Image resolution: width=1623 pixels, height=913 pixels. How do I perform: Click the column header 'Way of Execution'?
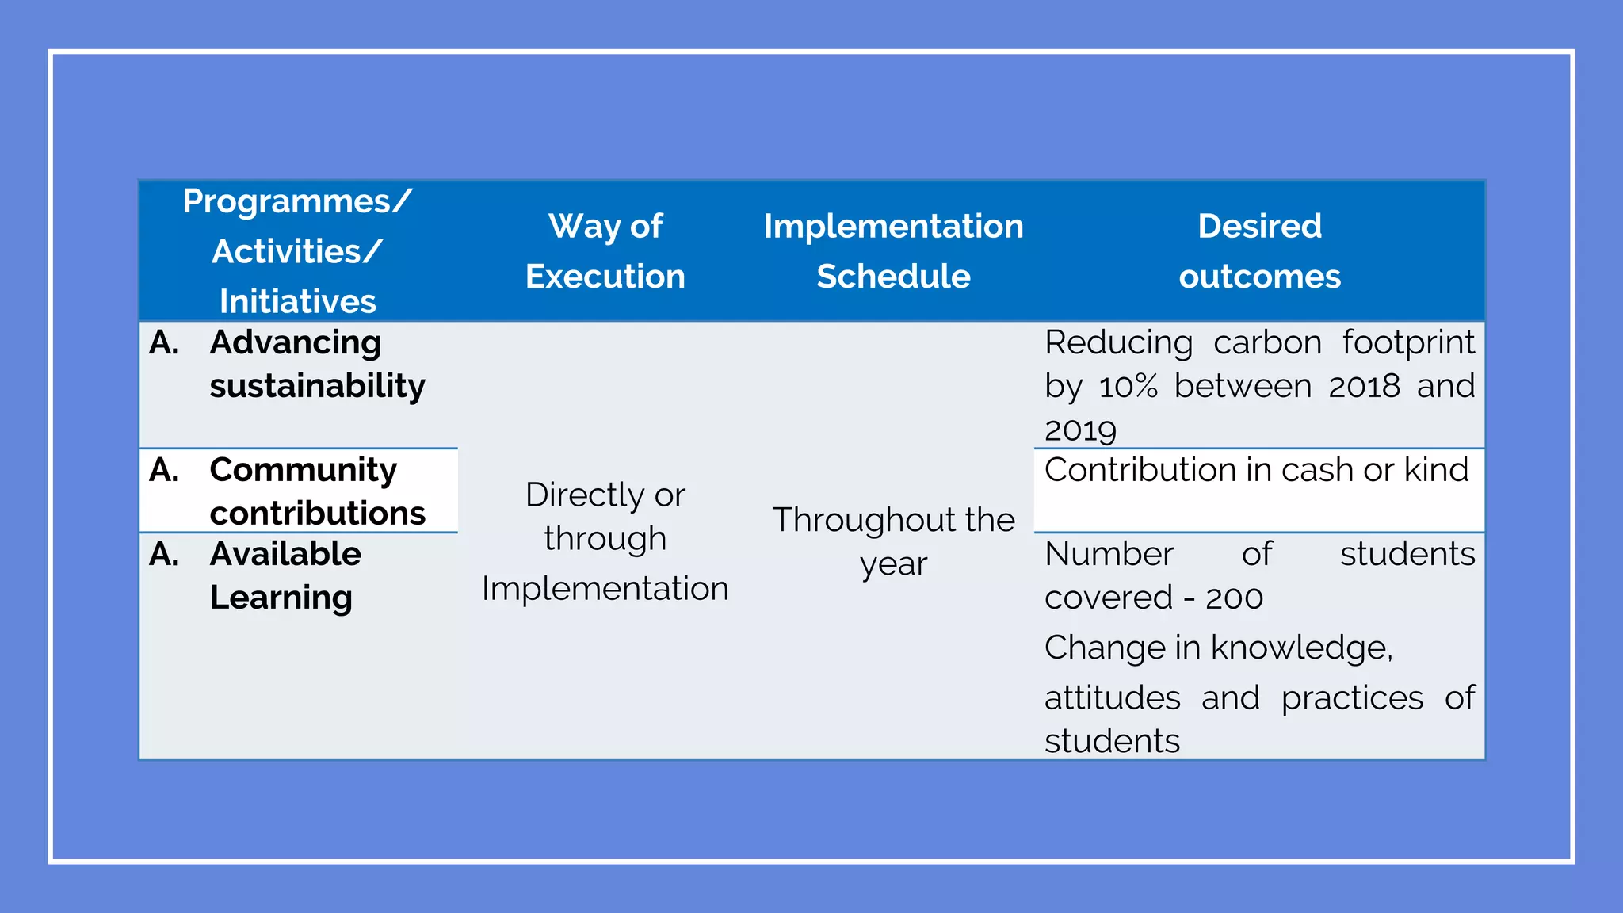[605, 251]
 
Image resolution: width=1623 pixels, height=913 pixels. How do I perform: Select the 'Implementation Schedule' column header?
[893, 251]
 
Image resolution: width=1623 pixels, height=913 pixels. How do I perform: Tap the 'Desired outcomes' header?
[1259, 251]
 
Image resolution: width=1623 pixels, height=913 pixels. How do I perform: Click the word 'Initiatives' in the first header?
[297, 301]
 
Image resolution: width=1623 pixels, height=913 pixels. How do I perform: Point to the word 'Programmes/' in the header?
[297, 201]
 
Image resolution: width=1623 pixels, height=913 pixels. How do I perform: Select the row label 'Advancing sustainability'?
[317, 364]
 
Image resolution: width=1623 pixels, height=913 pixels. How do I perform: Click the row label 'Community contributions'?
[317, 491]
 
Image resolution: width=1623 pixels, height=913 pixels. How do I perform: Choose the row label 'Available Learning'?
[285, 575]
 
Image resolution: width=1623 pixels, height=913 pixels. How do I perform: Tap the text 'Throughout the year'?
[893, 541]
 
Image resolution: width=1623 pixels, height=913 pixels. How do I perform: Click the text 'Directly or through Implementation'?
[605, 541]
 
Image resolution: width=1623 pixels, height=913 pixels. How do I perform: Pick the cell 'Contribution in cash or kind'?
[1256, 470]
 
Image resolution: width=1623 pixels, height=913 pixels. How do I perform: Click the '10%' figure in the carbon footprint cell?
[1128, 387]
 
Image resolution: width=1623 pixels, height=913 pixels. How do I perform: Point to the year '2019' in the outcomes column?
[1080, 430]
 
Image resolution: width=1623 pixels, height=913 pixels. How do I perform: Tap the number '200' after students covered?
[1234, 598]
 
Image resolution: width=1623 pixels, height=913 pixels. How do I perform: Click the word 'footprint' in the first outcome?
[1408, 342]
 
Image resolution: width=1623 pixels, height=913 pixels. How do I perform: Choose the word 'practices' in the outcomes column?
[1352, 698]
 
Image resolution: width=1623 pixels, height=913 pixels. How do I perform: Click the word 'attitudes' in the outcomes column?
[1112, 698]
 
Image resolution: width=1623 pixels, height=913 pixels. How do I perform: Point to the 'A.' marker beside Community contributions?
[163, 470]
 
